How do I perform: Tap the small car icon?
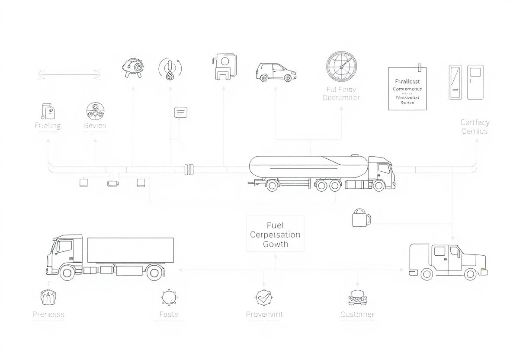click(276, 72)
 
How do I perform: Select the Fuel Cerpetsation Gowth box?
click(275, 234)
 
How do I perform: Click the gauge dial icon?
click(341, 67)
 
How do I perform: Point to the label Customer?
click(357, 315)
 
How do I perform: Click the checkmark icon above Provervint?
click(263, 297)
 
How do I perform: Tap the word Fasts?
click(168, 315)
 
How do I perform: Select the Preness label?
click(48, 315)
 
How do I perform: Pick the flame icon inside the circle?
click(170, 69)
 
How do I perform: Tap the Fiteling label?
click(48, 126)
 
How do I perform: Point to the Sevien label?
click(95, 126)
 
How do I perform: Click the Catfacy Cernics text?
click(475, 127)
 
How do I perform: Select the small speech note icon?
click(180, 112)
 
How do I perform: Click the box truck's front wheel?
click(67, 273)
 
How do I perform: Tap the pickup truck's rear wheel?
click(427, 273)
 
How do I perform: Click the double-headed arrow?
click(69, 75)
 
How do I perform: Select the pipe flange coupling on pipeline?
click(189, 169)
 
